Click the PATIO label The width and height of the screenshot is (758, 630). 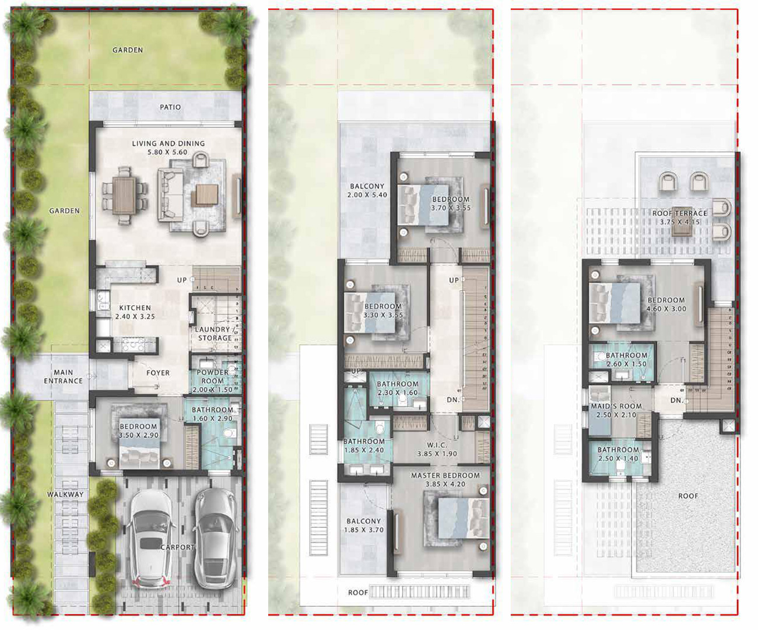pos(170,107)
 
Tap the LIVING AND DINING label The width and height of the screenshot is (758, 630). pos(168,148)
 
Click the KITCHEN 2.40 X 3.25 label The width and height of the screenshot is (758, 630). pos(135,312)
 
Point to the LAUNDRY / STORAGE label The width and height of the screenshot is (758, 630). pos(215,334)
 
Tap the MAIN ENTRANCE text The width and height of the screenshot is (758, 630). pos(64,377)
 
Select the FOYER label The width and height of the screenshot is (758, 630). pos(158,373)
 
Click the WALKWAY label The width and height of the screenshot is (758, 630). pos(65,495)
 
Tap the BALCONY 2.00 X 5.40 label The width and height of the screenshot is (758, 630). pos(367,191)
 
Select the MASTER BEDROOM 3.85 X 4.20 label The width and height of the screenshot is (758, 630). pos(445,480)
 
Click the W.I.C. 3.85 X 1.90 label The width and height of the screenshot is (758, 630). pos(437,449)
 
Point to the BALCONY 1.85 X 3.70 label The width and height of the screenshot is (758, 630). pos(364,526)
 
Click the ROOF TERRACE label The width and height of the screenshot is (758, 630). pos(680,218)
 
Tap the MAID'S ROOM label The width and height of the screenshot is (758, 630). pos(616,411)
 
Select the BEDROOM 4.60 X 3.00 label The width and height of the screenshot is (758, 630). pos(666,304)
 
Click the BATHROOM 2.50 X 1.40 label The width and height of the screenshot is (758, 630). pos(618,454)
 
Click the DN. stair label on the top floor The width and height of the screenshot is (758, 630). pos(676,401)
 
